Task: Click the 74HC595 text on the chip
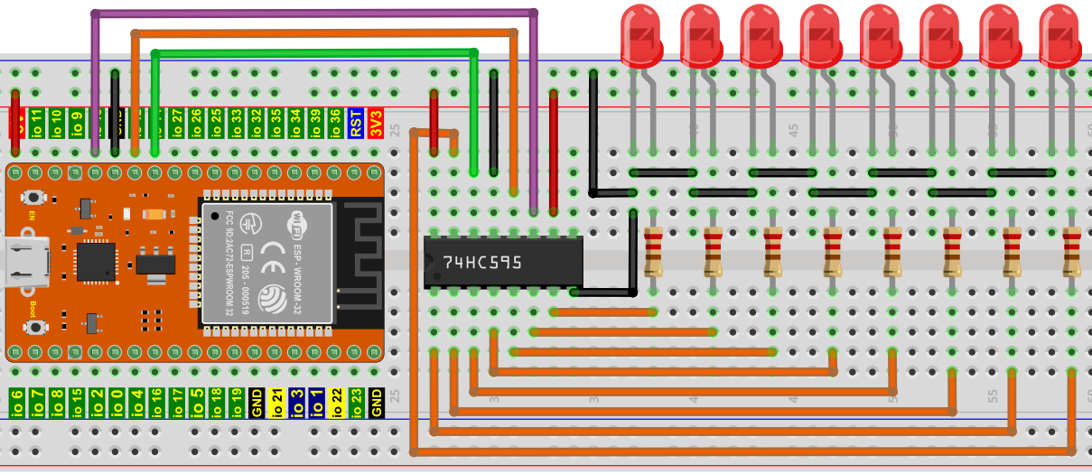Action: click(x=482, y=262)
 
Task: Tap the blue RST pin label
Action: click(x=357, y=123)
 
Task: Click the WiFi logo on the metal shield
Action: click(x=300, y=220)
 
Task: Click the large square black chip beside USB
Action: click(x=96, y=261)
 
